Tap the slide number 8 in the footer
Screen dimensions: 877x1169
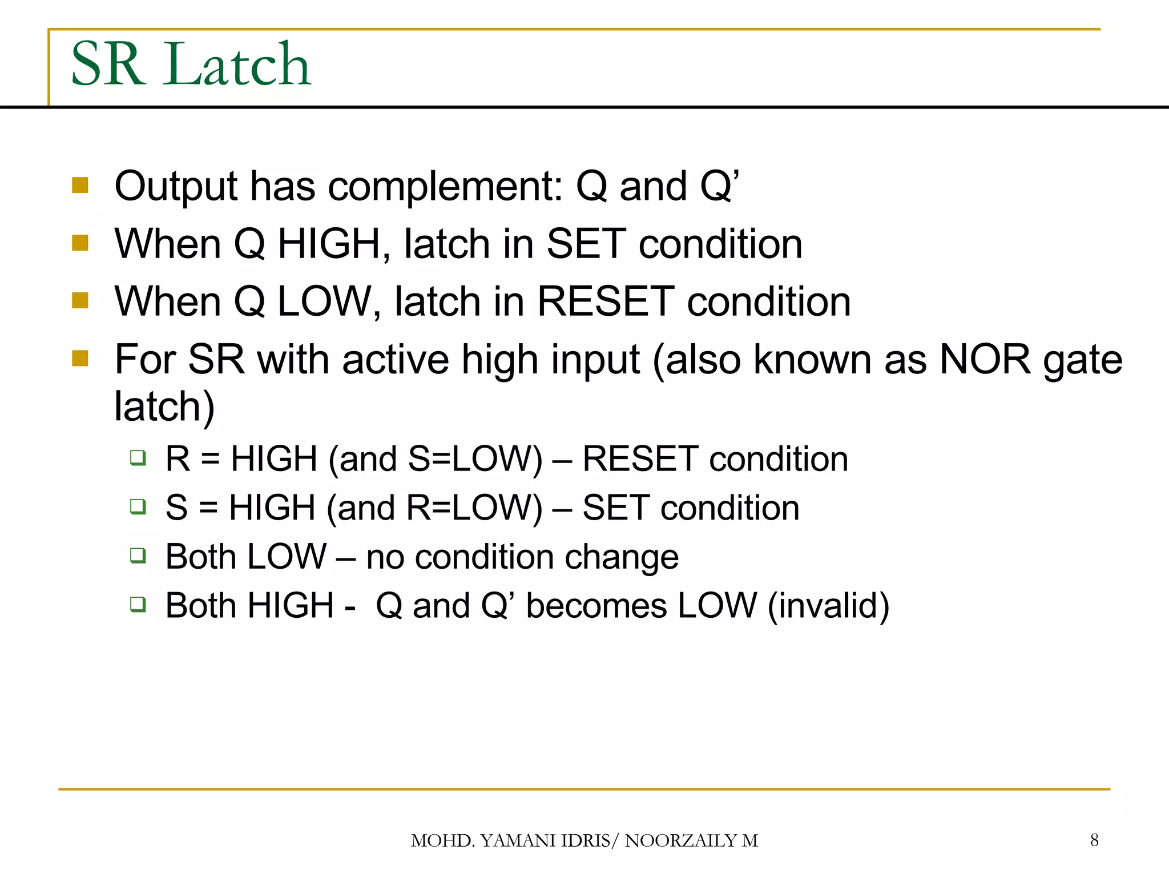tap(1094, 840)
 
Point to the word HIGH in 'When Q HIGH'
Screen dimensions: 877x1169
tap(329, 244)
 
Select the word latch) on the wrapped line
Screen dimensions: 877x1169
tap(164, 407)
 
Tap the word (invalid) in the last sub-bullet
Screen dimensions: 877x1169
tap(828, 605)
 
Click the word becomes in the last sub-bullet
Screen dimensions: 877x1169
tap(596, 605)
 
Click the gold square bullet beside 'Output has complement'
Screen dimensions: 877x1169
tap(80, 186)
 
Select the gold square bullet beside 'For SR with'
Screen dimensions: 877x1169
tap(80, 359)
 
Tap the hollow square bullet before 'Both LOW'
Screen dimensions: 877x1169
tap(138, 555)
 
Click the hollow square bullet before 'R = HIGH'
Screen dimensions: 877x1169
tap(138, 457)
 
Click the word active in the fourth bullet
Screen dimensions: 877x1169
tap(395, 360)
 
